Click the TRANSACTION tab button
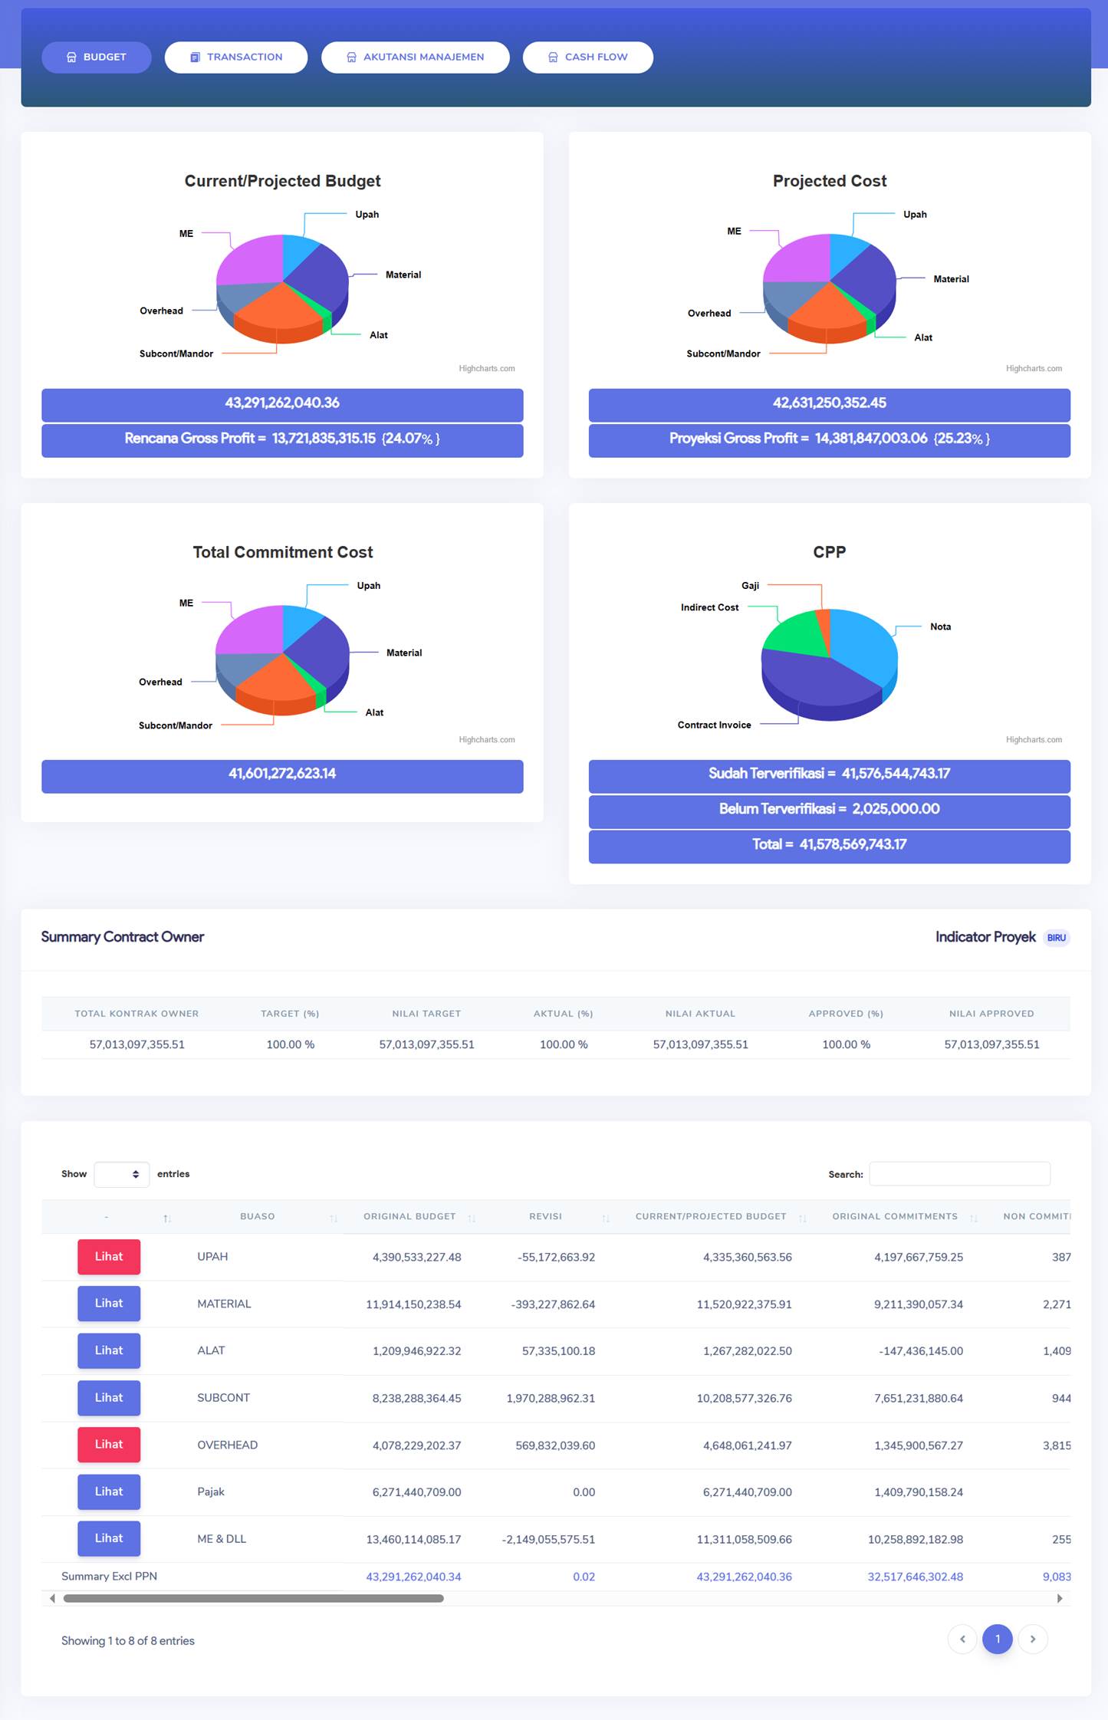[x=236, y=58]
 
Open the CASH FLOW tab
[x=587, y=58]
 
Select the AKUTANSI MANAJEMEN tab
[x=415, y=58]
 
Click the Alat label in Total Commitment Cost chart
[x=374, y=713]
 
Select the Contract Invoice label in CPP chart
[x=714, y=725]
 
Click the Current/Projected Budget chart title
[x=282, y=181]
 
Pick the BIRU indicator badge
[x=1056, y=938]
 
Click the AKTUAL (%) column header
[x=563, y=1014]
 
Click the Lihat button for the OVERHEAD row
[x=109, y=1445]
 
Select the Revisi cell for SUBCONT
[x=551, y=1398]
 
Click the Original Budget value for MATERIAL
[x=413, y=1304]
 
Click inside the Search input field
[x=958, y=1174]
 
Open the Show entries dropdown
[x=121, y=1174]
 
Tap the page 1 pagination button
[x=997, y=1639]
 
